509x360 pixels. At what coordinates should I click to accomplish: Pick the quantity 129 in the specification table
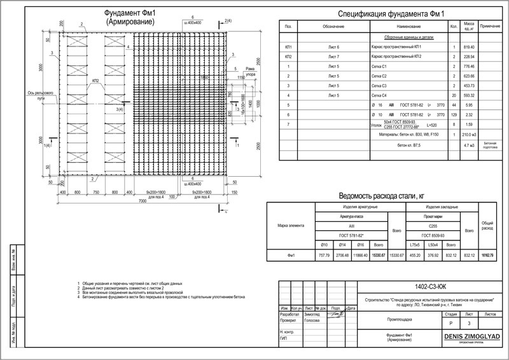click(454, 114)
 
